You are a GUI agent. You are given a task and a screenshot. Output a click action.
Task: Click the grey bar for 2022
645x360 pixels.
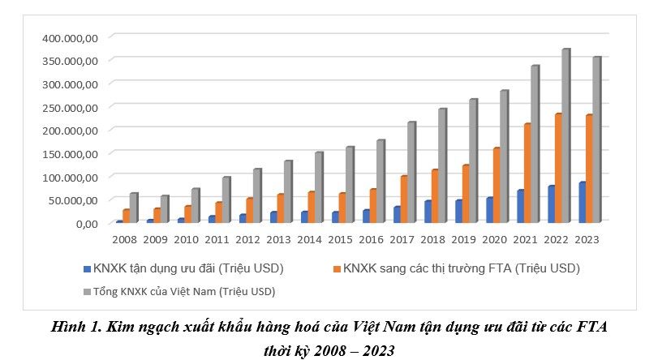[565, 136]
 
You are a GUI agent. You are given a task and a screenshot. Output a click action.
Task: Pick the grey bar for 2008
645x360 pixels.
[134, 208]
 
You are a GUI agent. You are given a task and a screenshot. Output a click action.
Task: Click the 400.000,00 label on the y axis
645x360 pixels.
[71, 37]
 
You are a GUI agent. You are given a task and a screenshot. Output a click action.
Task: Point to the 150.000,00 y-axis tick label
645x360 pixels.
[71, 153]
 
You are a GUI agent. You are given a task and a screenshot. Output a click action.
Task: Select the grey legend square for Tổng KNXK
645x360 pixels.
[87, 290]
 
